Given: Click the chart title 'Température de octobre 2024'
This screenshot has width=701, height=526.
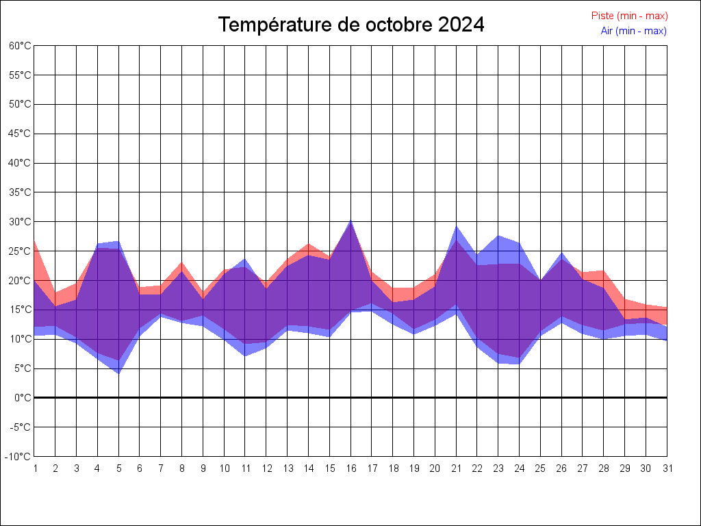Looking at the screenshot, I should pos(351,25).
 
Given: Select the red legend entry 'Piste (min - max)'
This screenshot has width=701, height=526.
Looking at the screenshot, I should pos(629,16).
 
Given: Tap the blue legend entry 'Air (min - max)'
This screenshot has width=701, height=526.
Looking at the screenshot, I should pos(633,31).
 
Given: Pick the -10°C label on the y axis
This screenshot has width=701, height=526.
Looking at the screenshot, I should pos(19,457).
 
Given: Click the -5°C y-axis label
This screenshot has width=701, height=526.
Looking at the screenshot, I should pos(21,427).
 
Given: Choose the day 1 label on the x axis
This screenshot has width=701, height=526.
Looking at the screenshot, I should pos(34,468).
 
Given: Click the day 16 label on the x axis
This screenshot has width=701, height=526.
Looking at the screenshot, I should pos(351,468).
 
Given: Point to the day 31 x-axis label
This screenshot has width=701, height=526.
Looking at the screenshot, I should pos(667,468).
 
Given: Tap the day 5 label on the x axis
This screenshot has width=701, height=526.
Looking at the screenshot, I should pos(118,468).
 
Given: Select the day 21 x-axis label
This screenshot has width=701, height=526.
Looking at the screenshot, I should pos(457,468).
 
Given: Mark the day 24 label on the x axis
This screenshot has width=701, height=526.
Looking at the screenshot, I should pos(520,468).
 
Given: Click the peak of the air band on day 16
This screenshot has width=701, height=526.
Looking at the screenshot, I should pos(351,221).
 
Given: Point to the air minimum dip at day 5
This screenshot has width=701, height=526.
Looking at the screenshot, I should pos(118,373).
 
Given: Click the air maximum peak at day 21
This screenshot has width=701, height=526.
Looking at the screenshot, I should pos(457,226).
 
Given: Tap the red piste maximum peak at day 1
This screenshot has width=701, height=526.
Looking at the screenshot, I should pos(35,241).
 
